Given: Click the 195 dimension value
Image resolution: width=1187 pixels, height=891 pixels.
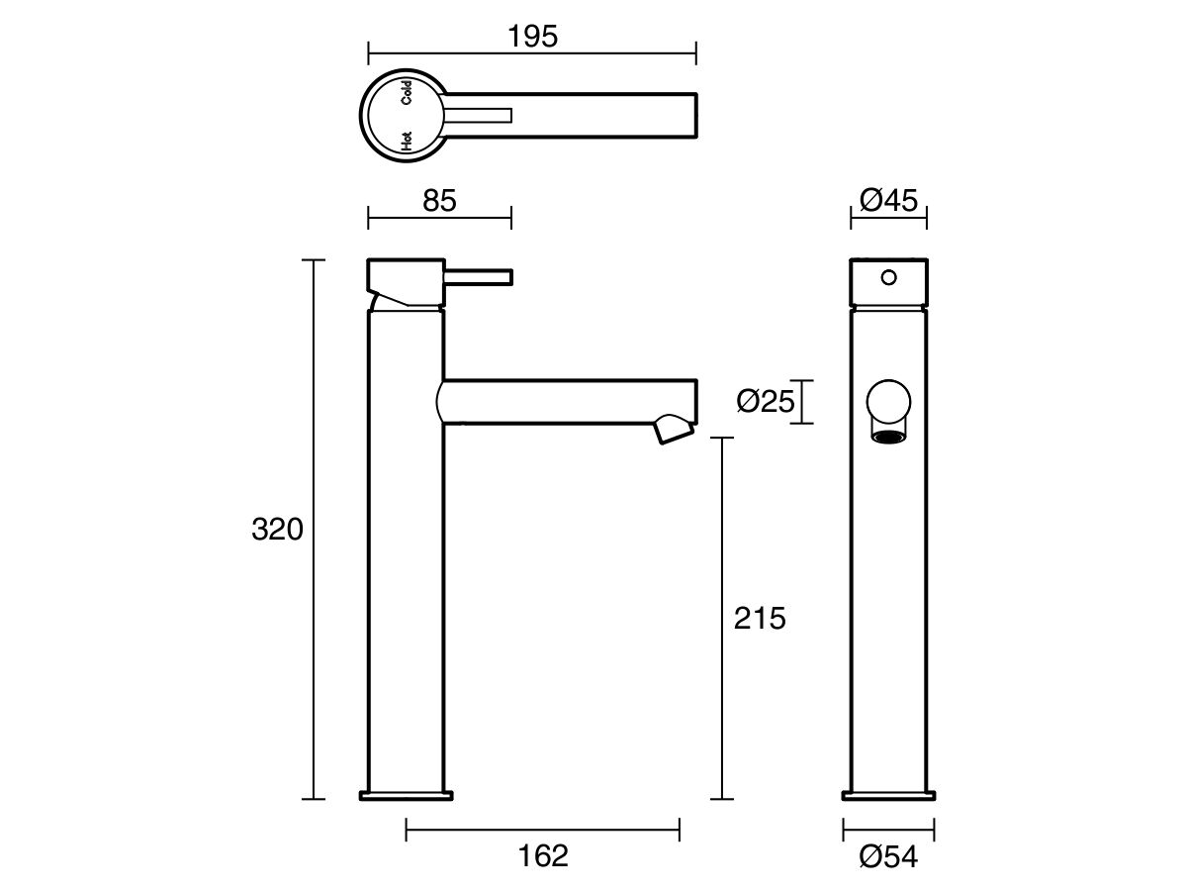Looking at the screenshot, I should point(533,37).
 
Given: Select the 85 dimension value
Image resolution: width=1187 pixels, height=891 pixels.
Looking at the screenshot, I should point(439,201).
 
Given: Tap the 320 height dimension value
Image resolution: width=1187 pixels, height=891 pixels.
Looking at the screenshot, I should point(276,530).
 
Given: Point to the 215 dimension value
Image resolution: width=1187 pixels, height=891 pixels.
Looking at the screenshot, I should point(760,619).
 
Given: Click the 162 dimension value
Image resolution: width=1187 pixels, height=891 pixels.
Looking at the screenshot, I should point(543,855).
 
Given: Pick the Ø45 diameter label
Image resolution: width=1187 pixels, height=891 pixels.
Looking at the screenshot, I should point(889,201).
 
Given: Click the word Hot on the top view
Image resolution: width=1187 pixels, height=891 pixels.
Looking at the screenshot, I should point(407,141).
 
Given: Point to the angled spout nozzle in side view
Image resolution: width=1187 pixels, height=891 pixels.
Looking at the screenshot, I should point(674,429).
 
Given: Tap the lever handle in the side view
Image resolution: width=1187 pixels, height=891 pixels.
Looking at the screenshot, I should point(480,275).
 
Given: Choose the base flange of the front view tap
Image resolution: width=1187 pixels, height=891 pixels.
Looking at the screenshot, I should point(889,794).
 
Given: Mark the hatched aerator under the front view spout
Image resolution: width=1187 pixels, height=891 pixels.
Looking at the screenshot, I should point(889,436).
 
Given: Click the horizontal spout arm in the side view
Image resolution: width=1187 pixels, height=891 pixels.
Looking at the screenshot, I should point(564,401).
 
